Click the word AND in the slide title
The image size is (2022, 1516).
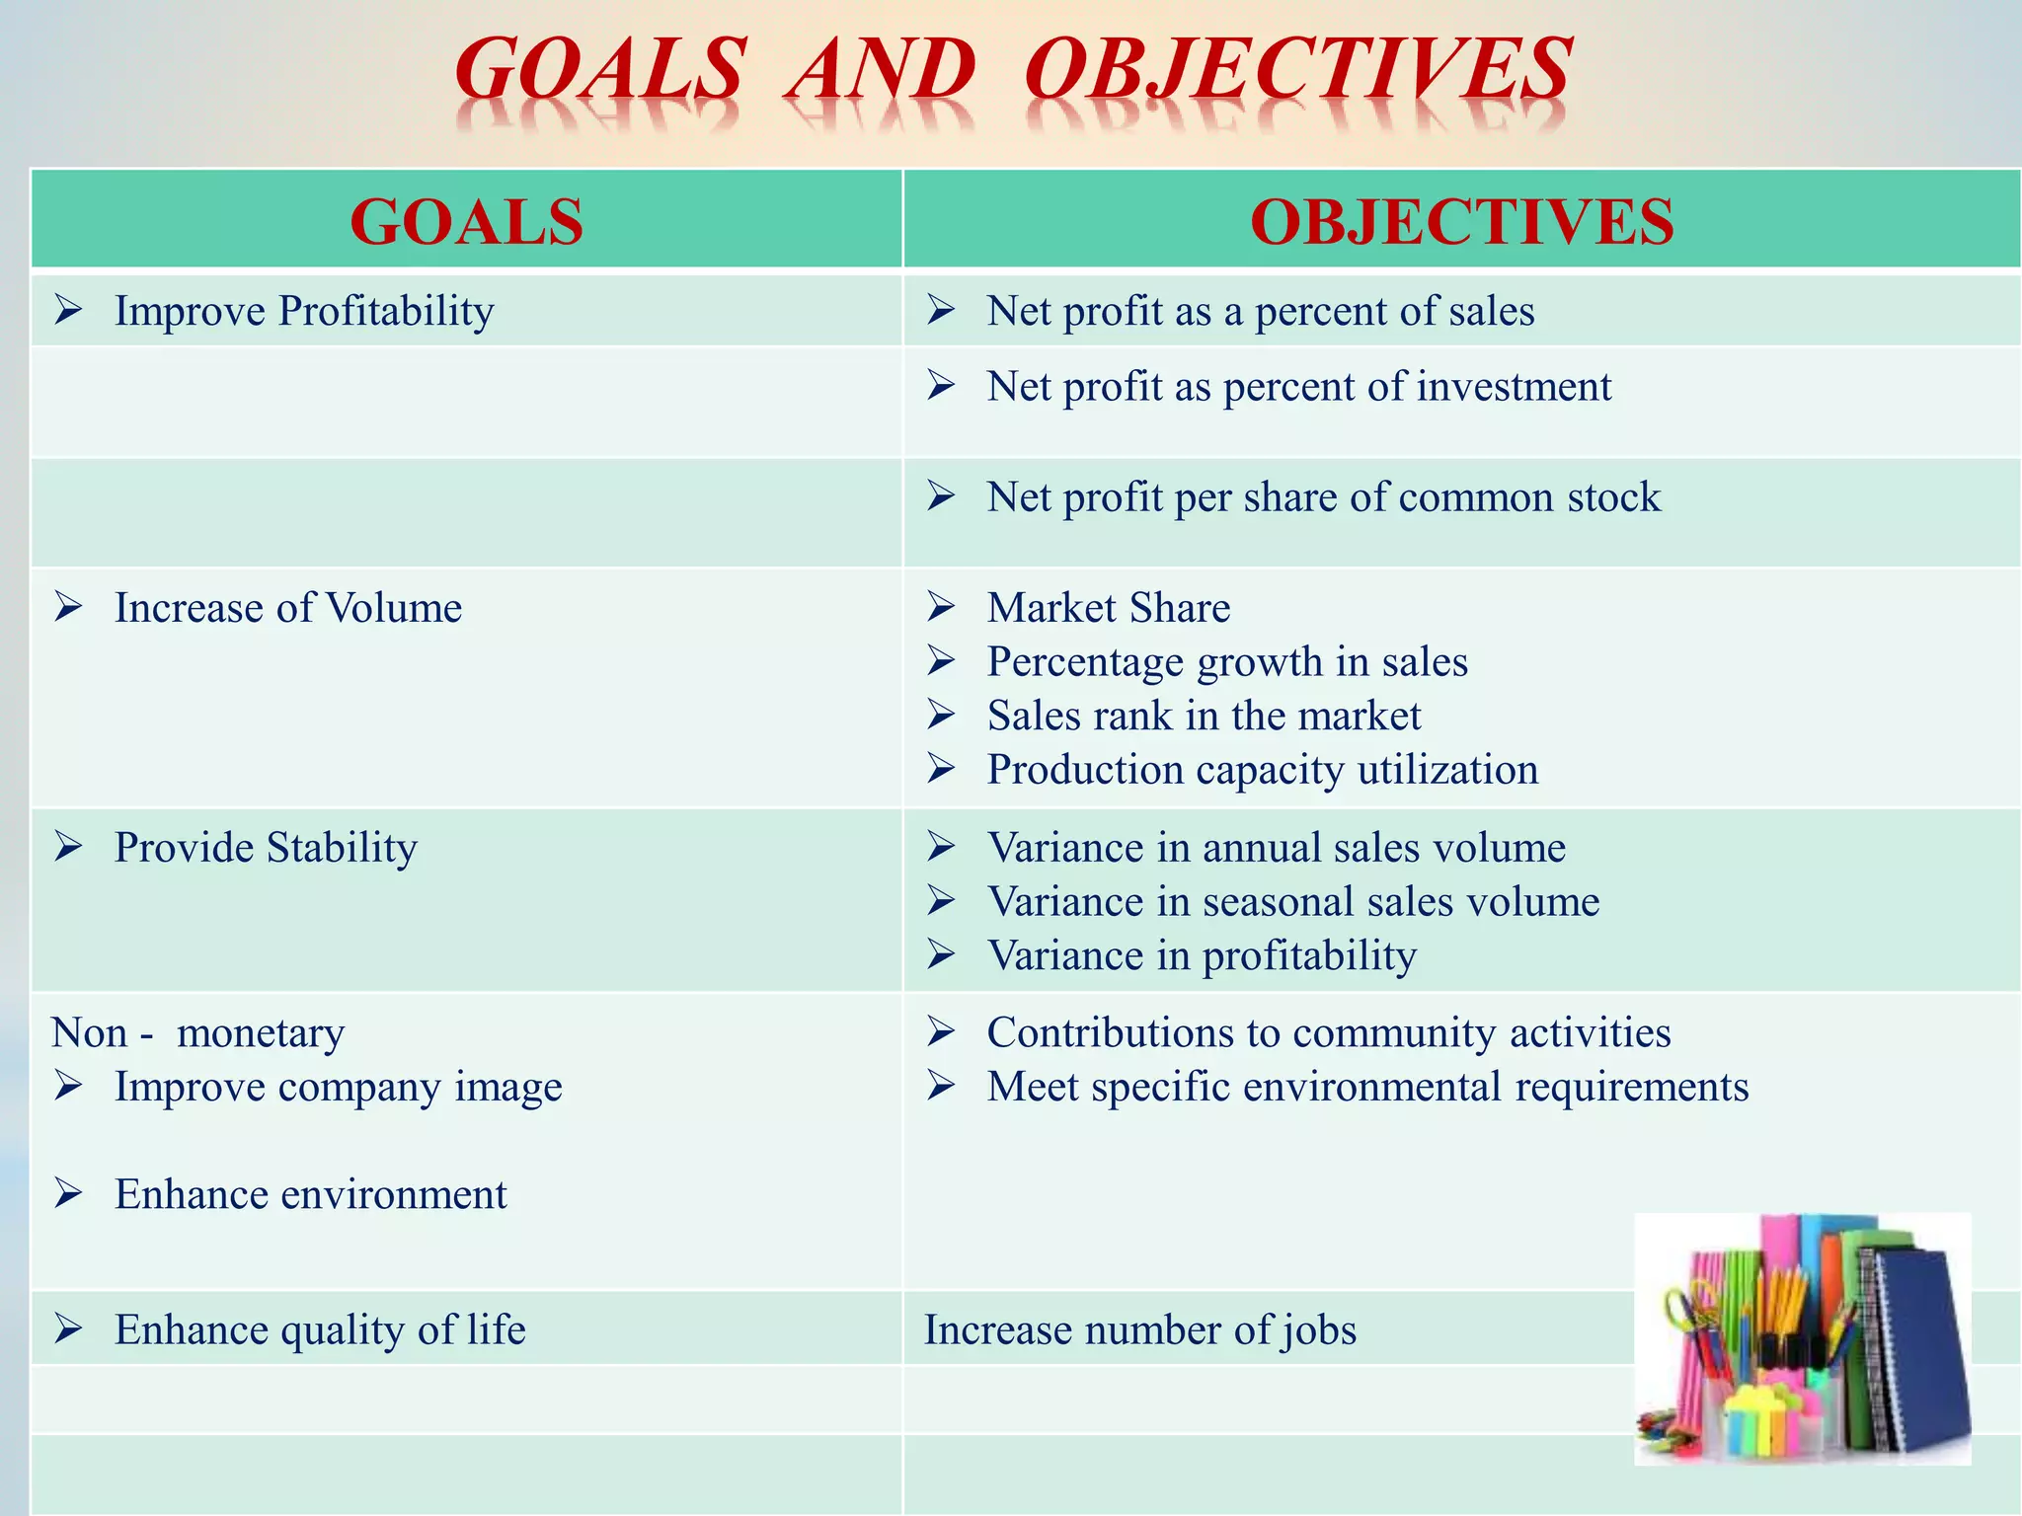coord(881,71)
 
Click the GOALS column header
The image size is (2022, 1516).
coord(466,221)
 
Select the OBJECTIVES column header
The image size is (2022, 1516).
coord(1461,221)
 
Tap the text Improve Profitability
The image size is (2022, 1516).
coord(304,311)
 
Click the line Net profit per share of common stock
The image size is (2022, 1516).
coord(1323,496)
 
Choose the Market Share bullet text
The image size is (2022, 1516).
coord(1108,607)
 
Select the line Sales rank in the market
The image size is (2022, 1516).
coord(1204,716)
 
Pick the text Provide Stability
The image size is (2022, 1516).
coord(266,848)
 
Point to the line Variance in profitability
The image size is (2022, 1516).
coord(1202,955)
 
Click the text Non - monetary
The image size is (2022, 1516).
coord(197,1033)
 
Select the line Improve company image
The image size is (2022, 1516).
coord(338,1087)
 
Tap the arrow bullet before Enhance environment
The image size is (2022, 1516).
coord(68,1194)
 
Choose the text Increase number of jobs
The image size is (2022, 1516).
coord(1139,1330)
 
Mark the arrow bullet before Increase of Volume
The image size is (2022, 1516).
coord(68,607)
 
